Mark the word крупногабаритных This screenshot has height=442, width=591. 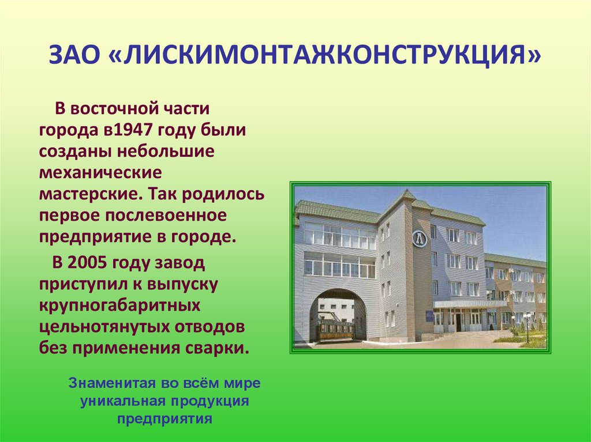coord(119,305)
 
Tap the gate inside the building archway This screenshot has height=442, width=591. coord(335,330)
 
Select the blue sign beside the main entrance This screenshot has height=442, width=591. coord(429,315)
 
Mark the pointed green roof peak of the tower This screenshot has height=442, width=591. coord(408,194)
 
